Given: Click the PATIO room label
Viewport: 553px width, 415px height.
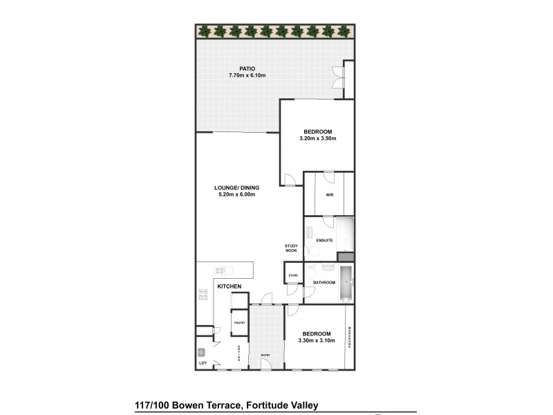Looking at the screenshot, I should click(x=247, y=68).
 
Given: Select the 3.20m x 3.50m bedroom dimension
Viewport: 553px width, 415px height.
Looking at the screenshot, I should click(x=317, y=138).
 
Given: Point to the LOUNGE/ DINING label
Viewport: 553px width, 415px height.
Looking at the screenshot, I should click(x=237, y=187).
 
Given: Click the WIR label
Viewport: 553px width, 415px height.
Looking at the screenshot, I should click(x=329, y=194).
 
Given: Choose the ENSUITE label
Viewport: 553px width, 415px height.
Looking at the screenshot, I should click(x=324, y=240).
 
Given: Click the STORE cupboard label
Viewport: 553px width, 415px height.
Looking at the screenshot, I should click(x=292, y=275).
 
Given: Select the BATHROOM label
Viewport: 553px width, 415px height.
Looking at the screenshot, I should click(x=324, y=282).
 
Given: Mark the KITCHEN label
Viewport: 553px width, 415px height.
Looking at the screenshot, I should click(x=229, y=286).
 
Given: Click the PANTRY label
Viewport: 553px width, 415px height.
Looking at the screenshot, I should click(x=239, y=323).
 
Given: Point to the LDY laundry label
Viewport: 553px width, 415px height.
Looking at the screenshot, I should click(x=203, y=362).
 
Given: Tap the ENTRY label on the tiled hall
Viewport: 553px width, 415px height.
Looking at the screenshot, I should click(x=265, y=356).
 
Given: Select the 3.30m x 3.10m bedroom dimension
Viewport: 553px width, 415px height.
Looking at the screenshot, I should click(x=317, y=340).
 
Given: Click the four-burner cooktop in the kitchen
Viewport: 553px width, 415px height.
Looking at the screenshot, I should click(x=204, y=296).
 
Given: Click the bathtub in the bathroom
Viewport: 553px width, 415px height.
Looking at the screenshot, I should click(x=346, y=282).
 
